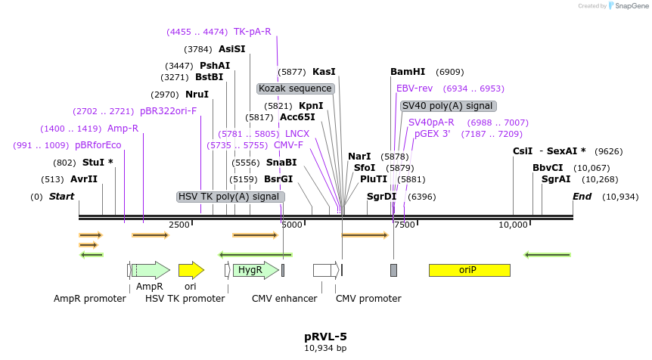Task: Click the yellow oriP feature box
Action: pos(469,270)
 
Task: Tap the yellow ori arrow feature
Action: pos(191,270)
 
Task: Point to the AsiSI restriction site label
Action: pos(232,49)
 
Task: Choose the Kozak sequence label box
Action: pos(295,88)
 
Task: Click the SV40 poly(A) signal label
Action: pos(448,106)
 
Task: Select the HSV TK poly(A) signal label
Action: pos(229,197)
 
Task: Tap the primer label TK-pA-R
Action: pos(252,32)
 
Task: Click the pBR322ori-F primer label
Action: pos(168,110)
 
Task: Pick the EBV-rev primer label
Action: pos(414,88)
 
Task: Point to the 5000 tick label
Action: pos(291,225)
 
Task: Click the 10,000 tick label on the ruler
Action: pos(514,225)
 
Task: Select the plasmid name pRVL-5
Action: pos(325,336)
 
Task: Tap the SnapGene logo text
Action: pos(630,6)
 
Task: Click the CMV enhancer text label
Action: pos(284,299)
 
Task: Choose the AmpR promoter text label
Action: pos(89,299)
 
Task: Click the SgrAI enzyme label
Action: pos(556,179)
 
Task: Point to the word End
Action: pos(582,197)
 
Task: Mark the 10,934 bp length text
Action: pos(325,349)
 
